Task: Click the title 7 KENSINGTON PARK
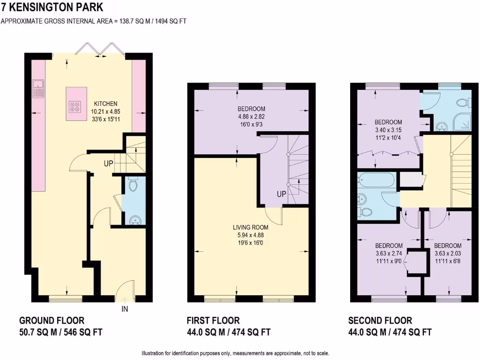point(52,7)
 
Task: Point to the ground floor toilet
point(133,185)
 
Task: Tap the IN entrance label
point(125,309)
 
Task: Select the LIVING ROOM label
point(251,227)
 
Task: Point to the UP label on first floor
point(282,194)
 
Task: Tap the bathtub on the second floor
point(377,180)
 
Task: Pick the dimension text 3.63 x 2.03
point(447,253)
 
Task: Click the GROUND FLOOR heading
point(52,321)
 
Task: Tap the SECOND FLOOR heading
point(380,321)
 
